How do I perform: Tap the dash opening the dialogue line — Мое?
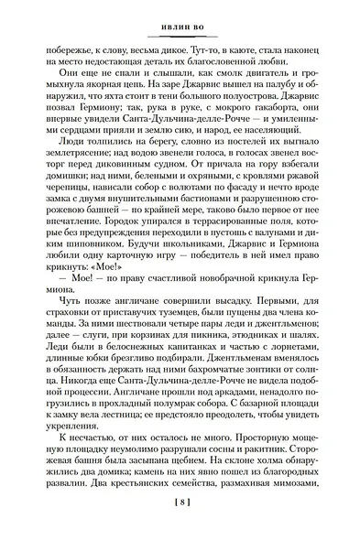[51, 303]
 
